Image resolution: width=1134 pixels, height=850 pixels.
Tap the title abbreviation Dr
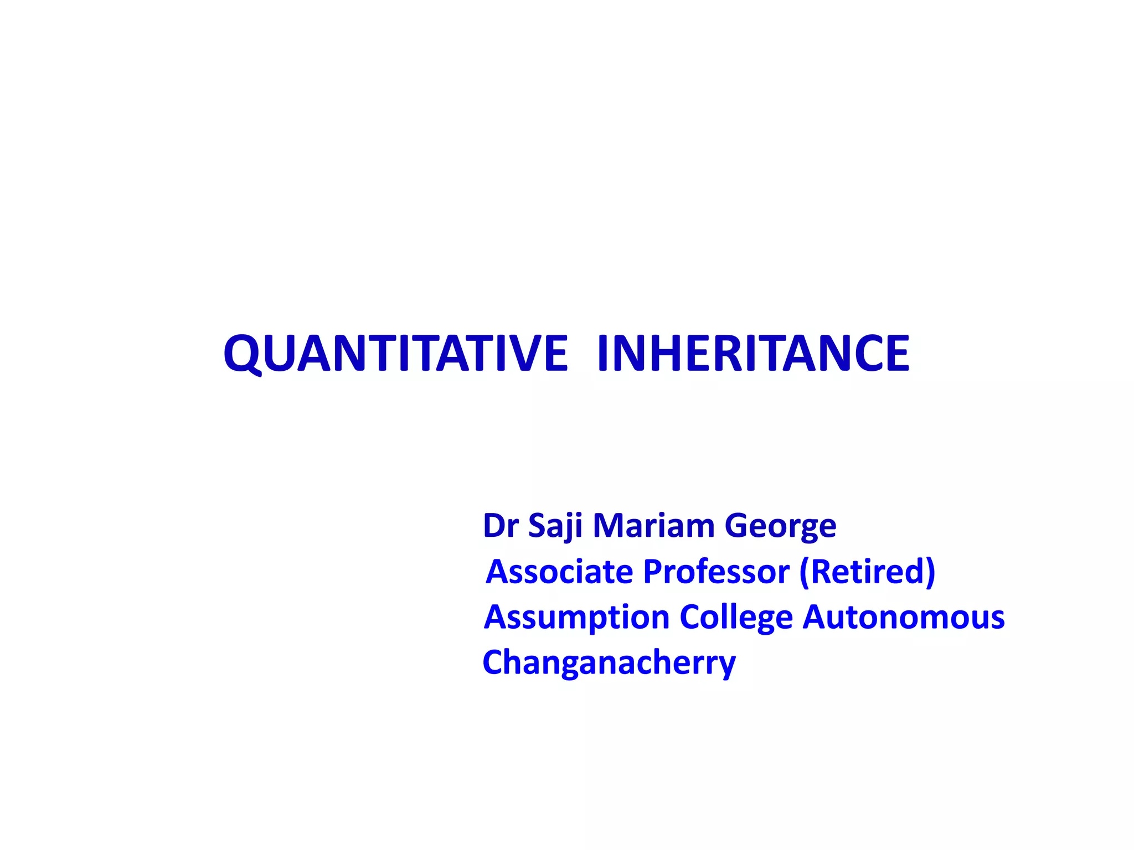[500, 525]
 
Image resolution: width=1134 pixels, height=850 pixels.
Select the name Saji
[555, 525]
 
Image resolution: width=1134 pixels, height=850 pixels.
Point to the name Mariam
[653, 525]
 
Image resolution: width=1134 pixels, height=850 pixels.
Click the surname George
[780, 526]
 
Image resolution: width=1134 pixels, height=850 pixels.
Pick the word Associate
[559, 571]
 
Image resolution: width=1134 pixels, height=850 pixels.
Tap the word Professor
[716, 571]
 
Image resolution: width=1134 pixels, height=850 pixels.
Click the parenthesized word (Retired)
[867, 571]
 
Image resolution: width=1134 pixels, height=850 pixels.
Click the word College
[736, 618]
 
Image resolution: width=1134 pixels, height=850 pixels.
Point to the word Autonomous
[904, 616]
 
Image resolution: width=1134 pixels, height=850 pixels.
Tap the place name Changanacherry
[609, 663]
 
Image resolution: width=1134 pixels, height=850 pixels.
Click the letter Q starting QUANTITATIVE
[242, 354]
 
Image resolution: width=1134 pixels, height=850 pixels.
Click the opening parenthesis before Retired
[805, 572]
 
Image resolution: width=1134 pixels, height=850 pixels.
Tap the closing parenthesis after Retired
[930, 572]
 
